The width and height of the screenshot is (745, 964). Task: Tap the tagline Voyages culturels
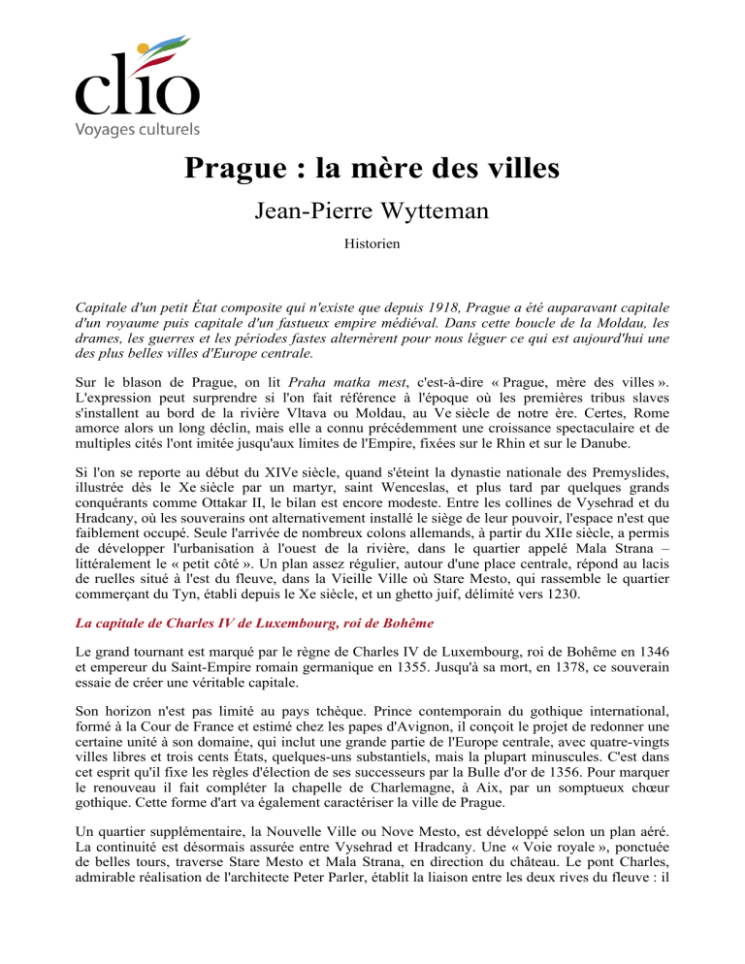click(x=137, y=129)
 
